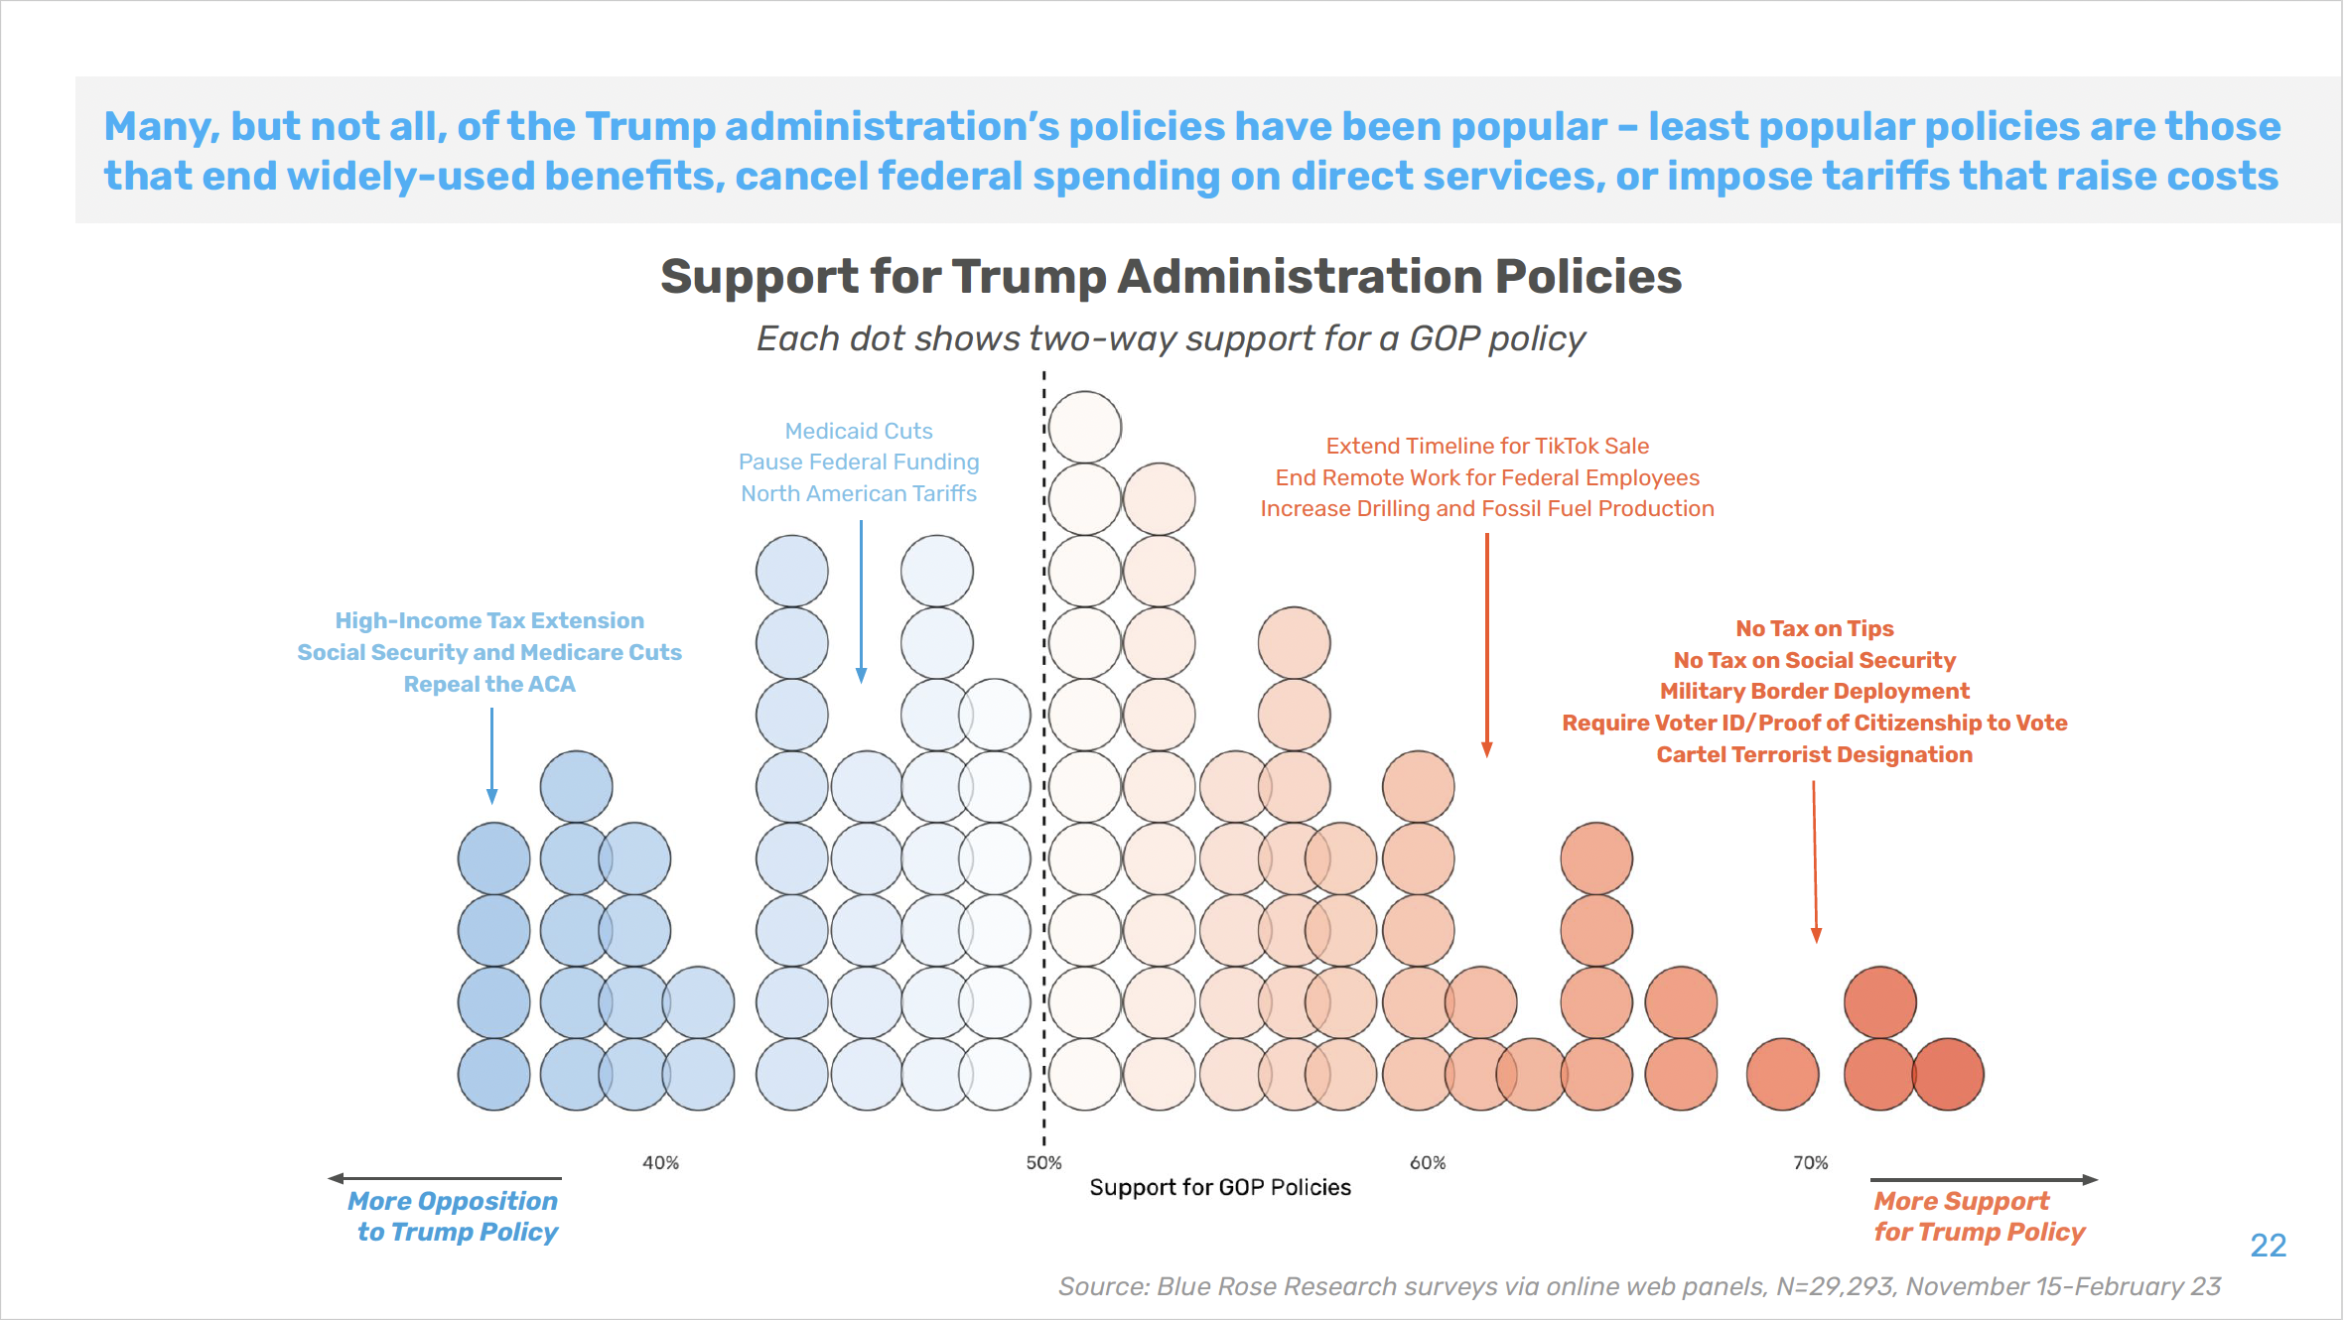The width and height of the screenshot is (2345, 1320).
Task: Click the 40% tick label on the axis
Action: click(x=660, y=1162)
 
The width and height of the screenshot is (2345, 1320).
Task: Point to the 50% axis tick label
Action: click(x=1043, y=1162)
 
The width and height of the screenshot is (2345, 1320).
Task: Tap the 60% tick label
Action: click(x=1428, y=1162)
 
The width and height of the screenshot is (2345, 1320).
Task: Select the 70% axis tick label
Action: click(x=1810, y=1162)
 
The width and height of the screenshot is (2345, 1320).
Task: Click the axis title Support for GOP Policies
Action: click(x=1220, y=1187)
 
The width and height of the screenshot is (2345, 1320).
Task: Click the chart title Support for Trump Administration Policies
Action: click(x=1172, y=276)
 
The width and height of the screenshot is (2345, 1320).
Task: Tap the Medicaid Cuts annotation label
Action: click(x=859, y=431)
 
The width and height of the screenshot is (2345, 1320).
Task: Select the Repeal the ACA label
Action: click(x=489, y=684)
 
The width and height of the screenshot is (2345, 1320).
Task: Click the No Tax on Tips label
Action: click(x=1815, y=628)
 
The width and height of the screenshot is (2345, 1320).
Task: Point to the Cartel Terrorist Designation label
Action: click(x=1815, y=754)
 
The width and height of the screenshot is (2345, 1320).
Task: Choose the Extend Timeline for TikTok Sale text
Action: click(x=1487, y=446)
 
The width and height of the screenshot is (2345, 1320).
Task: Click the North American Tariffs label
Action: click(x=859, y=493)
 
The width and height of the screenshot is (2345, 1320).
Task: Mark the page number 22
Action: click(x=2269, y=1246)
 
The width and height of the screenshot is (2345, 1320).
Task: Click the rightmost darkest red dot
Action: click(x=1948, y=1074)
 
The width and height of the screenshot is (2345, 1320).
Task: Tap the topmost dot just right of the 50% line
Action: click(x=1085, y=427)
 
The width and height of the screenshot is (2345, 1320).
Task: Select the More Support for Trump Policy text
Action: click(x=1979, y=1216)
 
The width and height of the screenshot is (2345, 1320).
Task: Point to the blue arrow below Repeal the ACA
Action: click(x=491, y=754)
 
